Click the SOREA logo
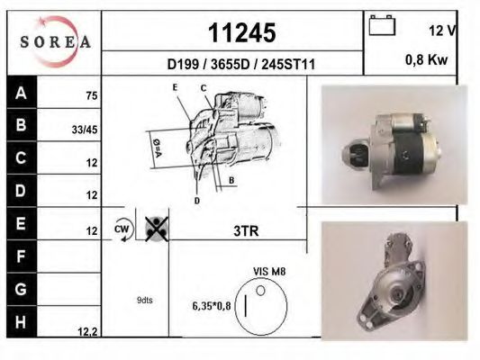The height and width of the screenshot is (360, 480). (x=55, y=42)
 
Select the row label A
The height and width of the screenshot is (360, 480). (x=20, y=93)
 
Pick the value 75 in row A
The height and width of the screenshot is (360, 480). (x=91, y=94)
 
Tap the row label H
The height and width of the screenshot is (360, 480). (x=20, y=323)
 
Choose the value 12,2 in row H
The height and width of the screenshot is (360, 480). (x=87, y=332)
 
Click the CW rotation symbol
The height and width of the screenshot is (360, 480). (x=122, y=229)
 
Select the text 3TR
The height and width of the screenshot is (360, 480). (x=246, y=230)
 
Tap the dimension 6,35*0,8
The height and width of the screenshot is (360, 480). (x=212, y=306)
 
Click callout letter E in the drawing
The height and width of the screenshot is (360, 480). (x=176, y=86)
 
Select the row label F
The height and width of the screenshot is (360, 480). (x=20, y=257)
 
